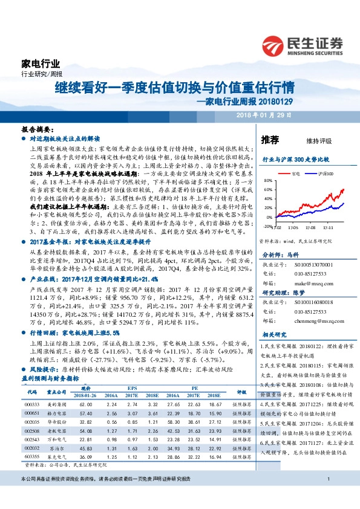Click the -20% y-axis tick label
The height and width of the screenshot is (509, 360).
(267, 227)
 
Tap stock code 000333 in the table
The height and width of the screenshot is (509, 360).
(32, 404)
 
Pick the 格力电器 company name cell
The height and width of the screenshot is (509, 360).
(58, 412)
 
